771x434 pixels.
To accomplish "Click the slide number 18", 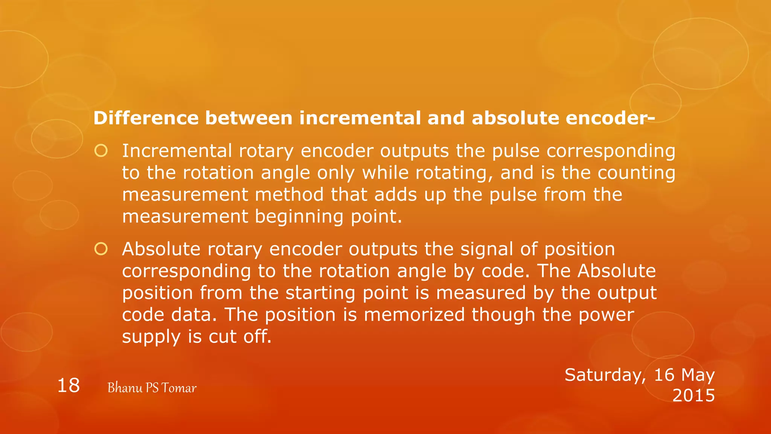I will (69, 386).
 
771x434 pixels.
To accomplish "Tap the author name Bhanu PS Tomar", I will (152, 388).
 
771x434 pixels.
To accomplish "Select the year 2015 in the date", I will (693, 396).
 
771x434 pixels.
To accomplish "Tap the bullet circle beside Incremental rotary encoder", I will (101, 151).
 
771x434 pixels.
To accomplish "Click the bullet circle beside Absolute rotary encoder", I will (101, 249).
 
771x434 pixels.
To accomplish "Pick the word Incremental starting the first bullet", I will (177, 151).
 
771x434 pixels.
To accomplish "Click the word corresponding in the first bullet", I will (611, 151).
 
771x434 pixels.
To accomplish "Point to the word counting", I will (636, 173).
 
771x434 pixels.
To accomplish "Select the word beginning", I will (299, 217).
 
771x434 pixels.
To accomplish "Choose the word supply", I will (151, 337).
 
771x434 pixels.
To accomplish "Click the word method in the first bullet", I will (289, 195).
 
